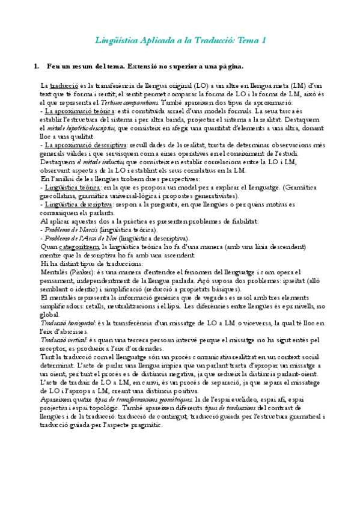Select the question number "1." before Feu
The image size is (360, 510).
tap(37, 65)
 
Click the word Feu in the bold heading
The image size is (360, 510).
tap(53, 65)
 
